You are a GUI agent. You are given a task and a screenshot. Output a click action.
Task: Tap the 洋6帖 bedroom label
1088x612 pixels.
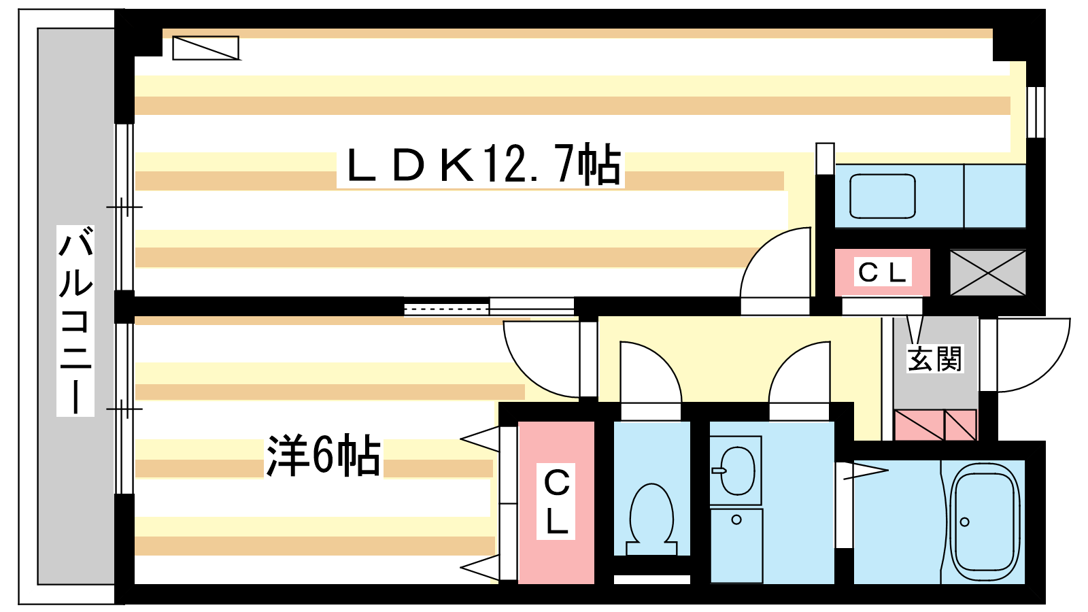(323, 456)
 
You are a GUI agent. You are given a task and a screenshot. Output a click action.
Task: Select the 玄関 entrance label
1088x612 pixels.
(935, 358)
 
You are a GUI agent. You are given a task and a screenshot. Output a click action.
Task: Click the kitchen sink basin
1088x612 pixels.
(883, 197)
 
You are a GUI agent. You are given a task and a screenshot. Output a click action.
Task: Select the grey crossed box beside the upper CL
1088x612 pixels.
(988, 273)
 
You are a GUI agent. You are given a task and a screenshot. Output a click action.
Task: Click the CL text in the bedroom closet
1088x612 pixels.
(556, 501)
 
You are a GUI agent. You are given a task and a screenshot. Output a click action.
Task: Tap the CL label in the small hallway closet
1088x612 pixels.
(882, 273)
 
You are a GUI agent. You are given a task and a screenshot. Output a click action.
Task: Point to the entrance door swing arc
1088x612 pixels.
(1049, 369)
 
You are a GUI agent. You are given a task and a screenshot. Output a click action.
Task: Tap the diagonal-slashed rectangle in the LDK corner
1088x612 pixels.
(206, 48)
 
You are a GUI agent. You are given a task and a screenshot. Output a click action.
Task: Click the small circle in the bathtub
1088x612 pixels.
(965, 522)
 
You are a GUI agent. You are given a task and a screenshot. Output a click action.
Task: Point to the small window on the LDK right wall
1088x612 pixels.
(1036, 112)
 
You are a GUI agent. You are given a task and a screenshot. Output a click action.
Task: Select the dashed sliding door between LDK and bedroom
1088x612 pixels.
(446, 309)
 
